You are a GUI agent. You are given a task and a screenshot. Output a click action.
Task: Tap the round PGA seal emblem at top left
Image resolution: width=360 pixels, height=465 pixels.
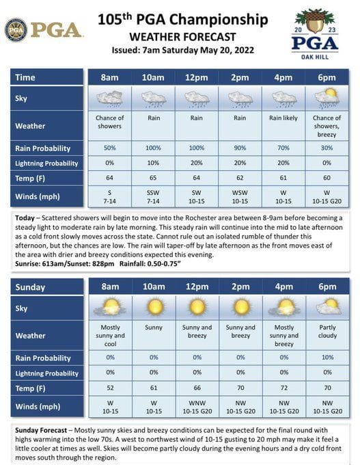coord(16,30)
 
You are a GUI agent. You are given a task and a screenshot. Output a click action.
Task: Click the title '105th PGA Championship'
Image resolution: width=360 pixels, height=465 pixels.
coord(182,20)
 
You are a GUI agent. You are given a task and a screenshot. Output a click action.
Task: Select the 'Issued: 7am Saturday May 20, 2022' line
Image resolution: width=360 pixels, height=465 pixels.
coord(182,51)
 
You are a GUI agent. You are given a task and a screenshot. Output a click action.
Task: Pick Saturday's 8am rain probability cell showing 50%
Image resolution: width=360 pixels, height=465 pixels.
coord(109,148)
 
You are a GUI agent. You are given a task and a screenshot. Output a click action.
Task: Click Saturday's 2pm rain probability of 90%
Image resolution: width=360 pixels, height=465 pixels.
coord(240,148)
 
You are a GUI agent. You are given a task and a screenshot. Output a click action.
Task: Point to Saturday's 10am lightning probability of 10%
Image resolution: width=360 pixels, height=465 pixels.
coord(153,163)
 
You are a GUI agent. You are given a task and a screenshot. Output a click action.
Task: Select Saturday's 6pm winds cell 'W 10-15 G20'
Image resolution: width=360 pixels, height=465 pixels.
coord(327,198)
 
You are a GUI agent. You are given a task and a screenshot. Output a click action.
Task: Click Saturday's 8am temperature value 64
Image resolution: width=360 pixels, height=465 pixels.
coord(109,178)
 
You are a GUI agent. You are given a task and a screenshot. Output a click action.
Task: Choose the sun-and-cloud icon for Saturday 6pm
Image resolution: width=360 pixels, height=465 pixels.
coord(327,97)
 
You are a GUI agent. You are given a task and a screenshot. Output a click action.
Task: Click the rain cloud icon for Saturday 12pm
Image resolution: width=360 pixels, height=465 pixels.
coord(197,98)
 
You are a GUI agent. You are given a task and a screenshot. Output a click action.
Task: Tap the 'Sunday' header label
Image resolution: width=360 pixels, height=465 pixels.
coord(31,287)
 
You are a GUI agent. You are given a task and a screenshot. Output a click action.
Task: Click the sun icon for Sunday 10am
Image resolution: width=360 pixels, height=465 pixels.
coord(154,308)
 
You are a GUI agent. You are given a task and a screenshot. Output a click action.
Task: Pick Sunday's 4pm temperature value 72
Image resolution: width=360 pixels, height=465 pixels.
coord(283,388)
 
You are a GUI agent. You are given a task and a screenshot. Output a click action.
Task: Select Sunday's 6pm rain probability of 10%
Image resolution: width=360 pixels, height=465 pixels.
coord(327,358)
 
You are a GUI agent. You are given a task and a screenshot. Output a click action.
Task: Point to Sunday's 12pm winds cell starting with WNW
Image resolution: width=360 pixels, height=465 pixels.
coord(197,408)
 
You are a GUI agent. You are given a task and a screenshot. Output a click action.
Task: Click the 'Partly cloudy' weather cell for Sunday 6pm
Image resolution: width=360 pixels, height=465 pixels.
coord(327,332)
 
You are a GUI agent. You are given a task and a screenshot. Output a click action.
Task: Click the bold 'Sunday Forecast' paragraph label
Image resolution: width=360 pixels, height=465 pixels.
coord(42,430)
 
